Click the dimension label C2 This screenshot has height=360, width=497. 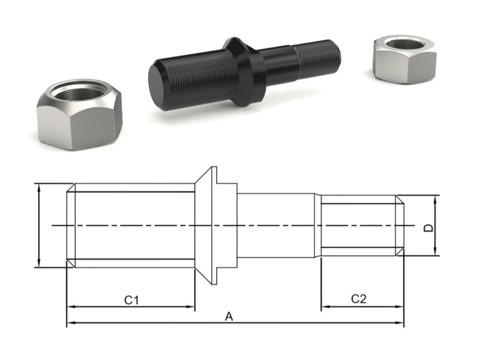click(x=359, y=299)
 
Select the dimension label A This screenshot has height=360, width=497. click(x=229, y=316)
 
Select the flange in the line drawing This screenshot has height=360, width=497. click(x=214, y=225)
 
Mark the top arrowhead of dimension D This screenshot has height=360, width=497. click(x=436, y=199)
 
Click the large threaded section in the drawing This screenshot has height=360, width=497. click(x=130, y=225)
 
